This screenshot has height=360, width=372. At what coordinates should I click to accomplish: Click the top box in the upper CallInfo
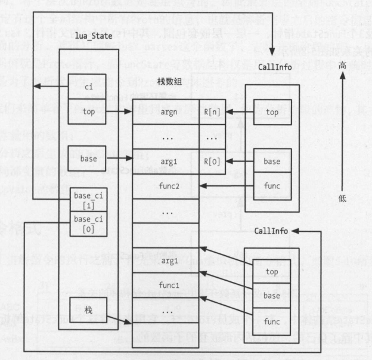tap(272, 111)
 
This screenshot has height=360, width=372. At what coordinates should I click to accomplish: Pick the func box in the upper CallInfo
tap(272, 186)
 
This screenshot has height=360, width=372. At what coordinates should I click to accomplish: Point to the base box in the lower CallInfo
tap(272, 296)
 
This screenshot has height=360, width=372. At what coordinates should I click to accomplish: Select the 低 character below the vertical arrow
tap(342, 197)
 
